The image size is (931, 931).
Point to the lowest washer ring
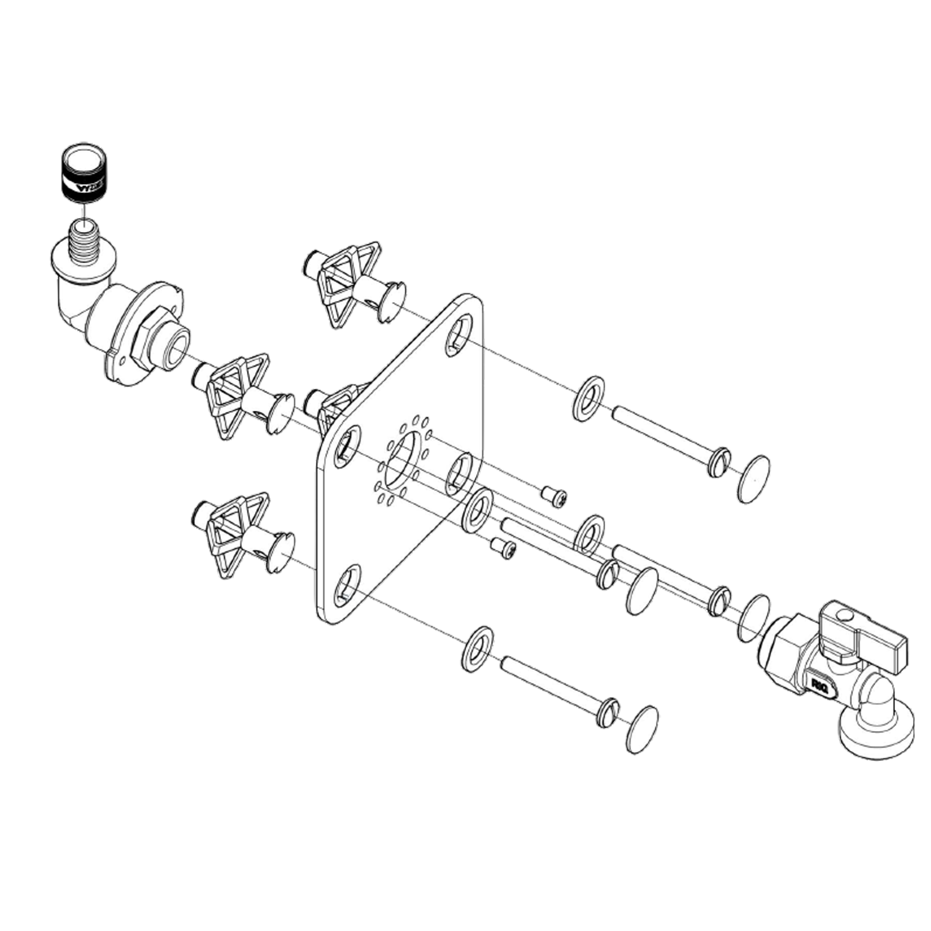(x=478, y=649)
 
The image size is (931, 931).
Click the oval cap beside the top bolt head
(x=753, y=479)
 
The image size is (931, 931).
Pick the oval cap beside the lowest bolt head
(x=642, y=729)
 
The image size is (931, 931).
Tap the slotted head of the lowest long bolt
(x=607, y=713)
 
